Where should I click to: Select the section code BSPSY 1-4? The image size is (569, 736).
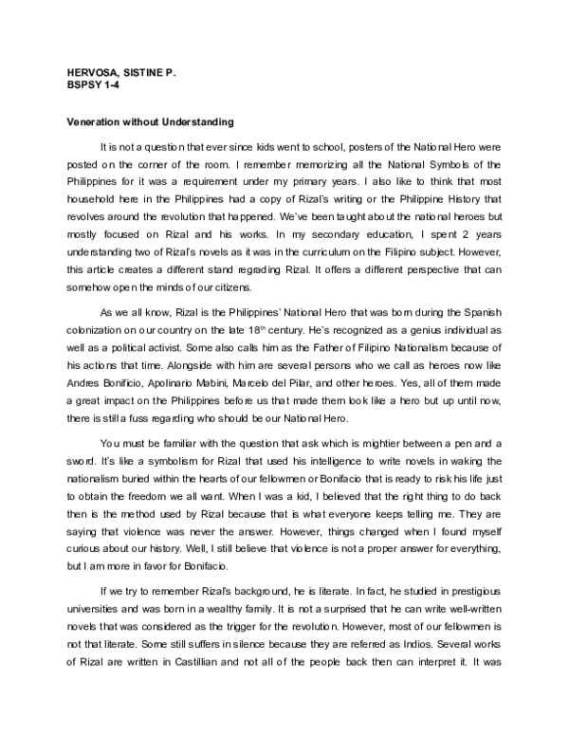click(91, 85)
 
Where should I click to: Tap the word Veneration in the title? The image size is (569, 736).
click(95, 122)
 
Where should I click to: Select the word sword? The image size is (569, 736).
click(80, 433)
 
